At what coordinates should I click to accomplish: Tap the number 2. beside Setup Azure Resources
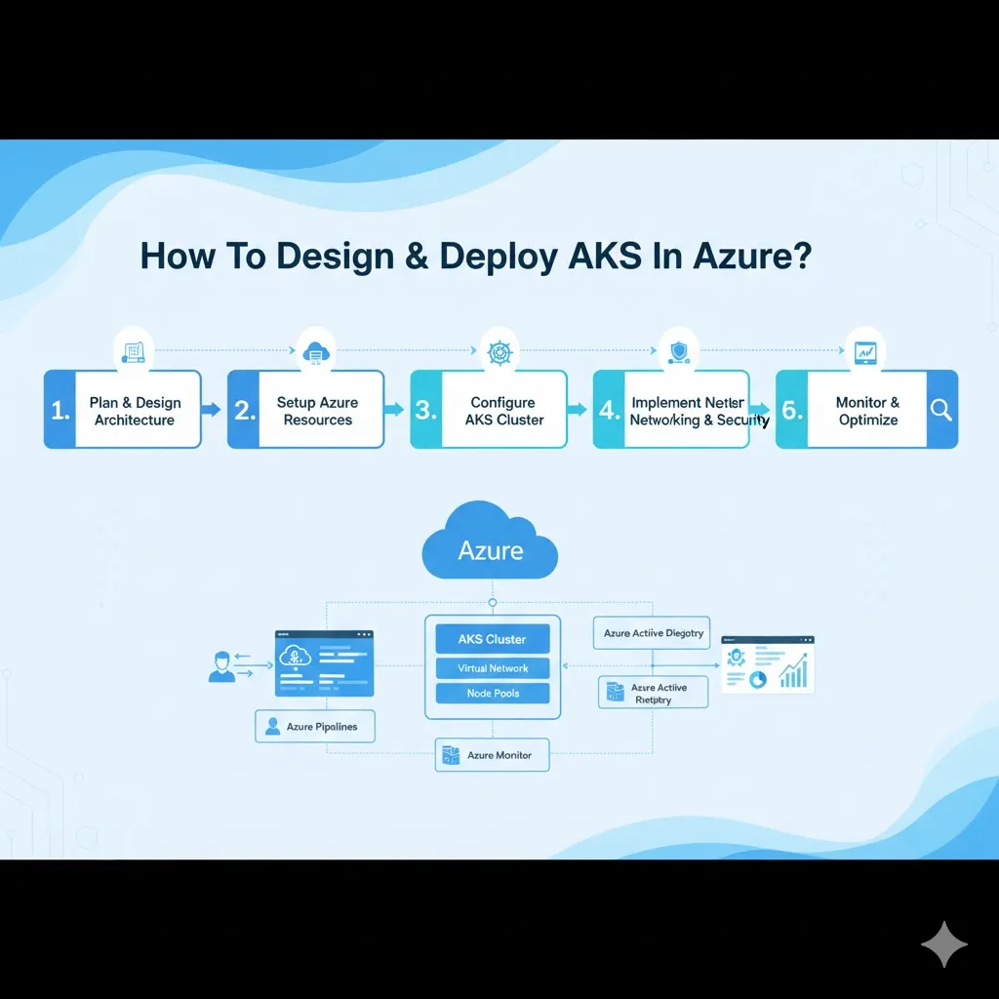coord(244,411)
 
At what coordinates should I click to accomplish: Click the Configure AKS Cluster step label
coord(503,411)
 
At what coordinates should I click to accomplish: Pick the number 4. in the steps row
coord(610,411)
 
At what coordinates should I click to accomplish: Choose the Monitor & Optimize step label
coord(867,411)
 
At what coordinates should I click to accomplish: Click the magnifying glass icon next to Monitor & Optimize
coord(941,410)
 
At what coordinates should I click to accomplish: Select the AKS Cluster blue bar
coord(492,639)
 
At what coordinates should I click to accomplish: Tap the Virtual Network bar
coord(492,668)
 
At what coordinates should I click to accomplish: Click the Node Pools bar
coord(492,694)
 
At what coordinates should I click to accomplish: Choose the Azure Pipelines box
coord(314,727)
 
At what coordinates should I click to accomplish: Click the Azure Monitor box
coord(491,755)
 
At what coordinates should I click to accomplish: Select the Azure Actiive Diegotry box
coord(652,633)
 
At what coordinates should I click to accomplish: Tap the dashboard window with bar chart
coord(767,664)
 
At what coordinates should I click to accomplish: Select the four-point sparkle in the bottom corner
coord(943,943)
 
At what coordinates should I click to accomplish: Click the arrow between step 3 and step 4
coord(578,410)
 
